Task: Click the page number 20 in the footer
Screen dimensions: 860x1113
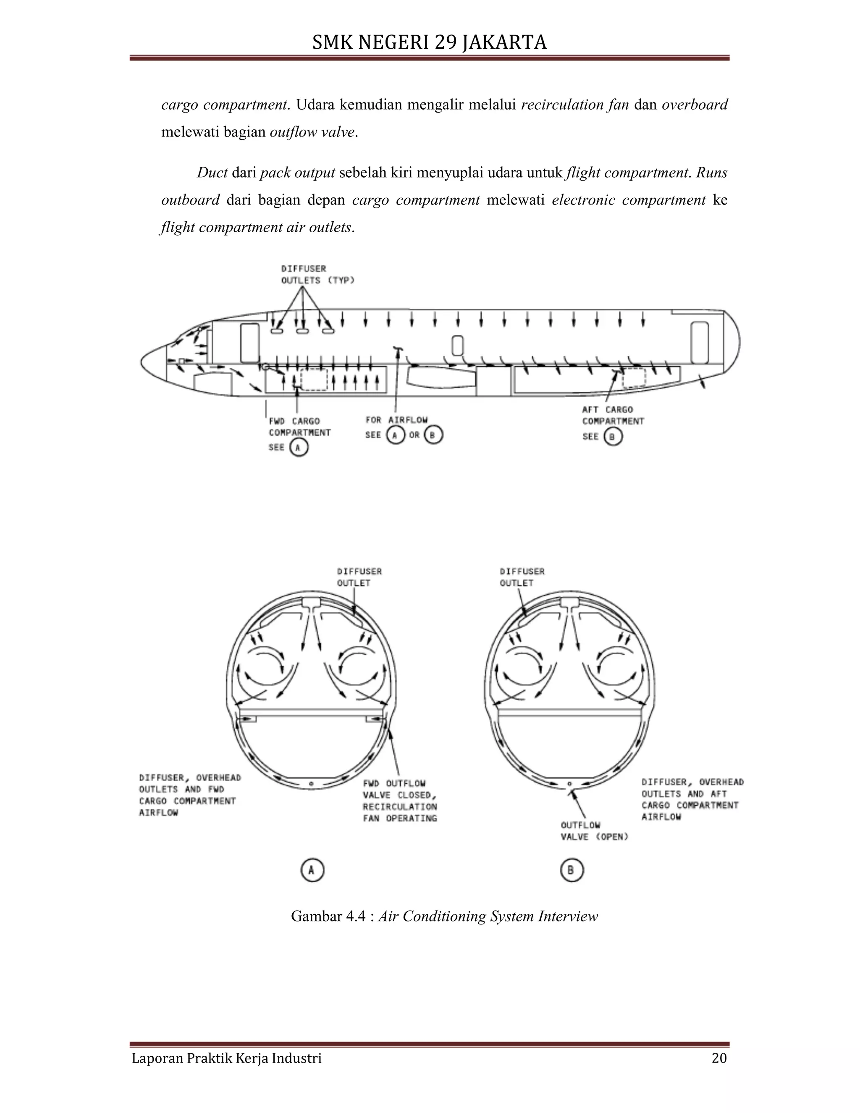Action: click(719, 1058)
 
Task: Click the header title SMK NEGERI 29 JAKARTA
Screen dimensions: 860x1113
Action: click(429, 42)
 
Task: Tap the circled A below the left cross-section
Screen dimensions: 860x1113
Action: click(312, 870)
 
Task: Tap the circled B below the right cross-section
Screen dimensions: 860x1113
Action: click(571, 870)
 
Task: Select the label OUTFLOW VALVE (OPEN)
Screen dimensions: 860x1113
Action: click(594, 831)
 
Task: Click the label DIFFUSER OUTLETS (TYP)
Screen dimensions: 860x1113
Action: click(317, 275)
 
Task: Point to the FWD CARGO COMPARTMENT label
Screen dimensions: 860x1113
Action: click(299, 427)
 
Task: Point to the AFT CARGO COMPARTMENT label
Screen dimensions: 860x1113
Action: click(613, 415)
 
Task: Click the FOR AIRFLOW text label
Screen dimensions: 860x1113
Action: click(396, 420)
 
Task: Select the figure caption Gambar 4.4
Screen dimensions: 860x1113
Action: click(444, 916)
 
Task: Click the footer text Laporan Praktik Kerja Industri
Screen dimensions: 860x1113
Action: click(227, 1058)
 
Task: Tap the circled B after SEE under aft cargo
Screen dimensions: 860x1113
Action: click(613, 437)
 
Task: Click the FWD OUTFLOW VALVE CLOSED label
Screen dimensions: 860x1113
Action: click(400, 801)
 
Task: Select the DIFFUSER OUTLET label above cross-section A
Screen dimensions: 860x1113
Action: click(359, 577)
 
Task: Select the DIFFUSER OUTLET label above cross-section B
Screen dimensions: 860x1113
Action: click(522, 577)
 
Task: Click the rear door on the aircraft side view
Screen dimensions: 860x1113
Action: click(700, 342)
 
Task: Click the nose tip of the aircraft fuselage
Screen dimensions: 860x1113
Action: click(142, 362)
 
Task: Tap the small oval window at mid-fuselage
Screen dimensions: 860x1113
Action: click(458, 346)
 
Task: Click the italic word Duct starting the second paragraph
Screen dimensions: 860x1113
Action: click(212, 173)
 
